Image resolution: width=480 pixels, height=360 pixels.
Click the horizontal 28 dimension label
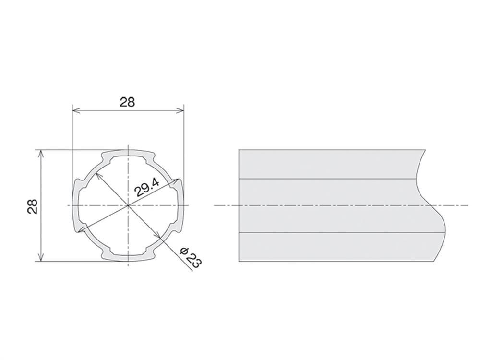(127, 102)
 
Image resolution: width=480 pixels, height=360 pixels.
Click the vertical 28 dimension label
(33, 206)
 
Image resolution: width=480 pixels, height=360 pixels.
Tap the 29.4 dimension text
(147, 188)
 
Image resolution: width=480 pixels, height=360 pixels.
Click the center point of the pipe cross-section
(128, 205)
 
